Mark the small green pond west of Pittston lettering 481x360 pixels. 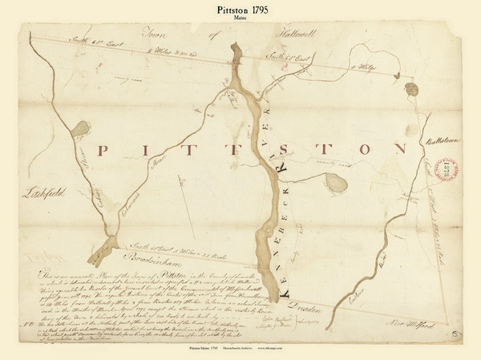pyautogui.click(x=81, y=129)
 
